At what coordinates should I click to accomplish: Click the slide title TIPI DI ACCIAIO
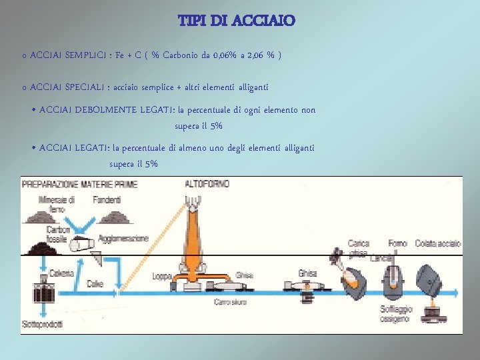point(237,21)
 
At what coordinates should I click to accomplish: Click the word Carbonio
point(182,55)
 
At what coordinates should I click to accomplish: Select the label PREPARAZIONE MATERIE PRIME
point(79,184)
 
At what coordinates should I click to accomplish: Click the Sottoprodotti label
point(42,325)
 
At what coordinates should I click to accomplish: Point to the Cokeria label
point(62,273)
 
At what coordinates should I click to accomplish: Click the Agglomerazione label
point(123,238)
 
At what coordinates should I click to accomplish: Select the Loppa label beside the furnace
point(162,275)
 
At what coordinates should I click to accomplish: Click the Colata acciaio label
point(437,243)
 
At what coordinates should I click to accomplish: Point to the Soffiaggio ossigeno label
point(396,314)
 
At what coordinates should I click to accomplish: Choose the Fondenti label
point(107,199)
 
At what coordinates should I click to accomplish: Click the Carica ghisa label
point(359,247)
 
